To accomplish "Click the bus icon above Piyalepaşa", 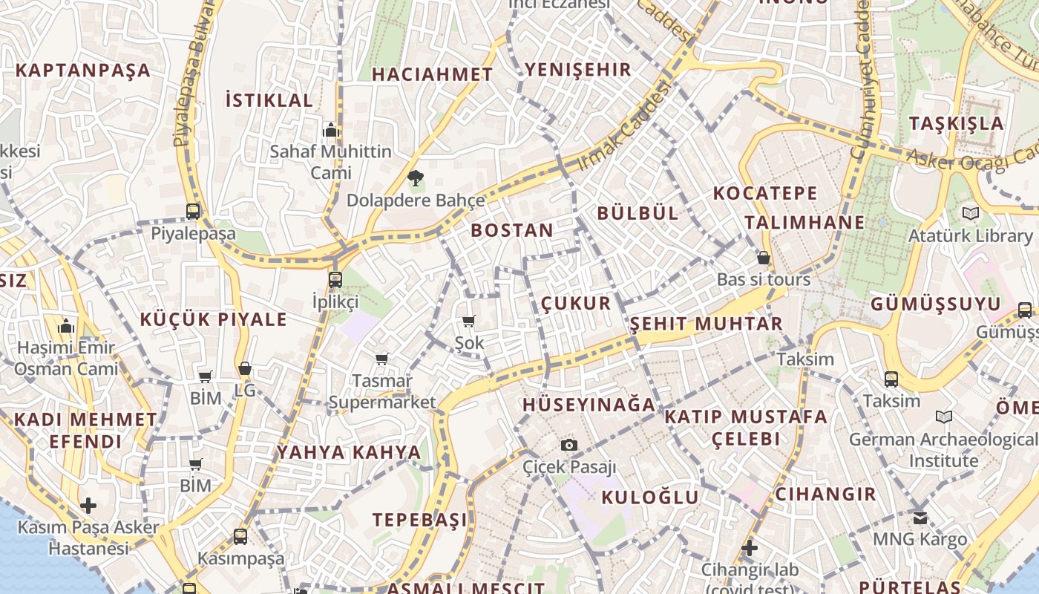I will click(x=193, y=212).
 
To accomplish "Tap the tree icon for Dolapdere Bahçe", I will click(x=415, y=178).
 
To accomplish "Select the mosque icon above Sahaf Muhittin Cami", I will click(x=331, y=130).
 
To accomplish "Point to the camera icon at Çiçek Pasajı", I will click(x=569, y=445).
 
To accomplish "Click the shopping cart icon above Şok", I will click(x=468, y=322).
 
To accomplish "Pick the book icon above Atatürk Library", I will click(x=970, y=213).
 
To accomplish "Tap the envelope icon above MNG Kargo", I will click(x=920, y=518).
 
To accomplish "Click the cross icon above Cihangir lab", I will click(x=750, y=549).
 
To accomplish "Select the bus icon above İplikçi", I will click(x=335, y=280).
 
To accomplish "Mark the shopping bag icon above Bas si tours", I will click(x=763, y=258).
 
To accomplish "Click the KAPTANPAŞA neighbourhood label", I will click(x=83, y=71).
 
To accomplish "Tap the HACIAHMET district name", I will click(x=432, y=74).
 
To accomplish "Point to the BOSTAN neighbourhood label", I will click(x=512, y=230).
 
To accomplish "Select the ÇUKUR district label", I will click(x=576, y=303).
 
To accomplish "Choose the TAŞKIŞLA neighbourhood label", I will click(x=957, y=123).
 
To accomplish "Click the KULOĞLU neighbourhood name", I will click(x=650, y=497).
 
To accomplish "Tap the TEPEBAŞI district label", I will click(x=420, y=520).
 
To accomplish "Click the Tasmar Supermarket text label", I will click(x=382, y=391).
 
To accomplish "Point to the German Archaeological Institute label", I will click(x=943, y=450).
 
